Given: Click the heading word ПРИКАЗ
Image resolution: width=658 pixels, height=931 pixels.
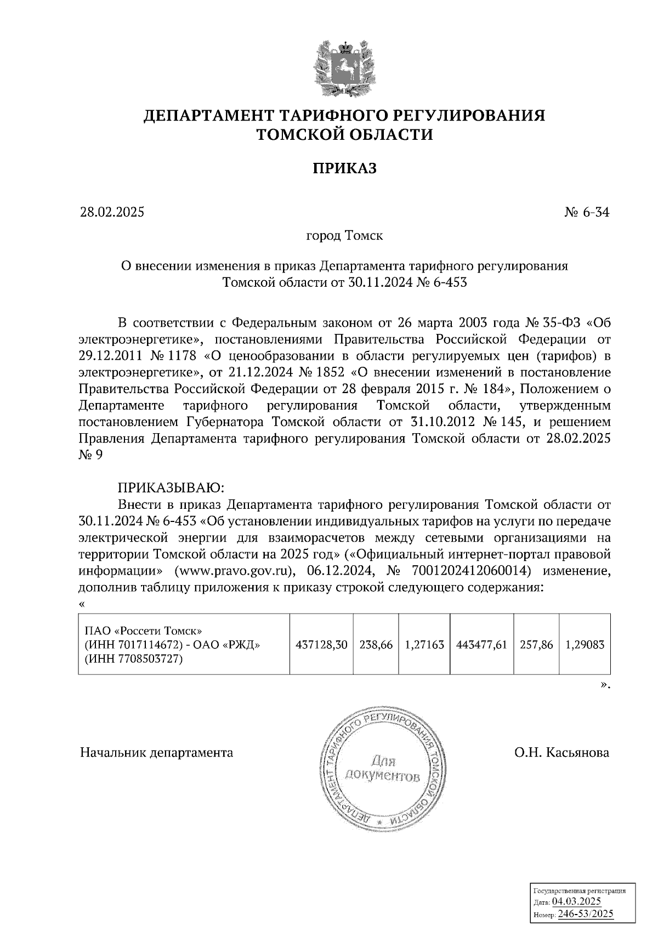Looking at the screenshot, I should (344, 168).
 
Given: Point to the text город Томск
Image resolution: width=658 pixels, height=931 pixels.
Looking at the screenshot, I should (344, 236).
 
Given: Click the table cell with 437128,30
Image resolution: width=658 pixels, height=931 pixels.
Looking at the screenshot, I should (321, 645).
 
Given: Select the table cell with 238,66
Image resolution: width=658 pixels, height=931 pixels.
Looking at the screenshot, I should (376, 645).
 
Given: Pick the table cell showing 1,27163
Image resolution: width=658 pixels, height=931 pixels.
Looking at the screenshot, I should (424, 645).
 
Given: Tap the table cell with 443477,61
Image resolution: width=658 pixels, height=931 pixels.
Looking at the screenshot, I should (481, 645).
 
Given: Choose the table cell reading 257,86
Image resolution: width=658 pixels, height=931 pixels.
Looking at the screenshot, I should (536, 645).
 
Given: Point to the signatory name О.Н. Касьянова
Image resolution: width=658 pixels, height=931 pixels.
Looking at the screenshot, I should (561, 753).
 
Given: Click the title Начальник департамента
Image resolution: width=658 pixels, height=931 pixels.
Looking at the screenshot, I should (157, 753).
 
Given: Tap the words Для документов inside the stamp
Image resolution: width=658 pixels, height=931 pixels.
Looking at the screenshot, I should (383, 769).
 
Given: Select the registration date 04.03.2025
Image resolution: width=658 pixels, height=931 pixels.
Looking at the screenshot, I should (576, 902).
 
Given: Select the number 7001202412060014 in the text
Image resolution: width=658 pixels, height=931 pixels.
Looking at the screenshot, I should (471, 571).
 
